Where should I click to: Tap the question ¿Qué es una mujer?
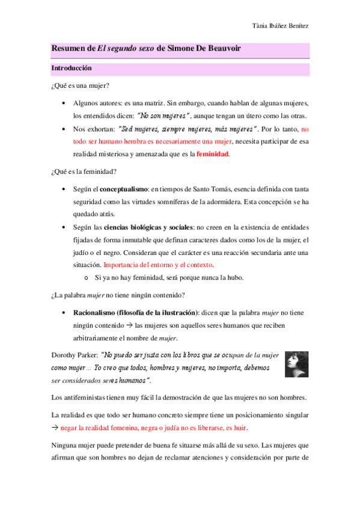[79, 87]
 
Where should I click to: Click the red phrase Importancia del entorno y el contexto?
[158, 265]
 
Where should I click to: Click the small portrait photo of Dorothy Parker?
[297, 364]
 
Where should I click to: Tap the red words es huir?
[234, 428]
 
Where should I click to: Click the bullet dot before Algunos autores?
[64, 103]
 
